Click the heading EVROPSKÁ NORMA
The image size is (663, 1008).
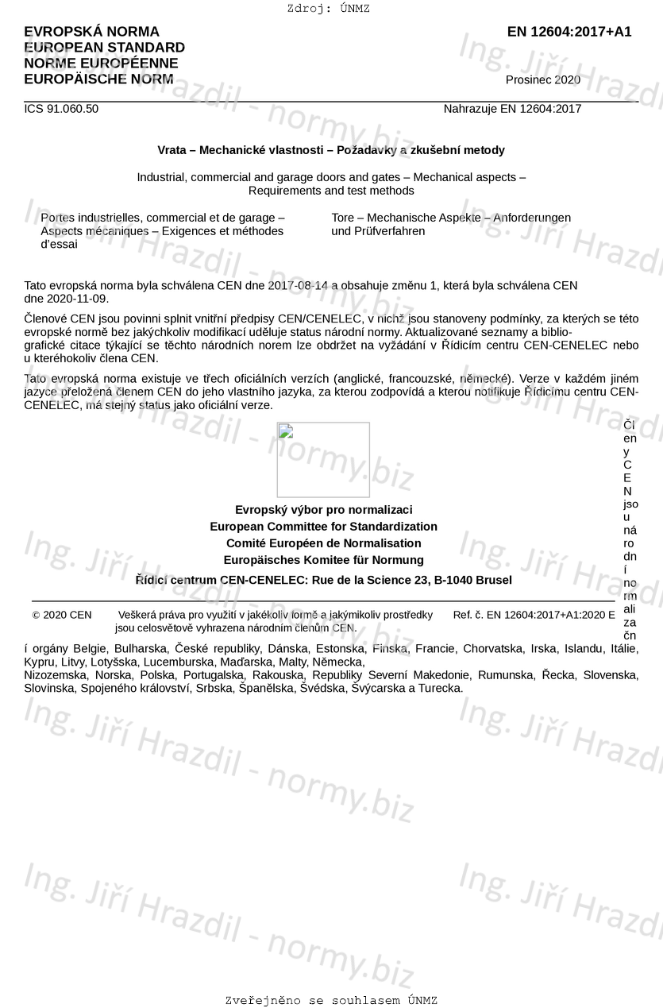[x=91, y=32]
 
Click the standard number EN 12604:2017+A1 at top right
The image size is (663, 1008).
[x=569, y=32]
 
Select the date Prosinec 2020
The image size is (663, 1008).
[x=542, y=79]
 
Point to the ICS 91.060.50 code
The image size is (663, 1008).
[x=61, y=109]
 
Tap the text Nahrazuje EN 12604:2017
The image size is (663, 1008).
[x=512, y=109]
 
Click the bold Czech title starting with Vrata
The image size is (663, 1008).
[x=331, y=150]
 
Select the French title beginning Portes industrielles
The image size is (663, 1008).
[x=163, y=230]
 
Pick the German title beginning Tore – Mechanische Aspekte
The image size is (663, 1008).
[x=450, y=224]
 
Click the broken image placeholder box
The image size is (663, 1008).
[x=323, y=460]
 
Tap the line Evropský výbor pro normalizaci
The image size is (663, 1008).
[x=323, y=510]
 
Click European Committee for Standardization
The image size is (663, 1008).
[x=323, y=527]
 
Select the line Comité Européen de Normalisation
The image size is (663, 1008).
[x=323, y=543]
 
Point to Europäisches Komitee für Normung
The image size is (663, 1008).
[x=323, y=560]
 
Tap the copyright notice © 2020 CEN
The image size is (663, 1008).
[x=62, y=615]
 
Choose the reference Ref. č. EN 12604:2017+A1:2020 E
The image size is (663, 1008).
[x=534, y=615]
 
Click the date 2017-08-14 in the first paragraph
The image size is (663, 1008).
[x=298, y=285]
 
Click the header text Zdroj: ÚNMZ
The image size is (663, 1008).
[x=329, y=9]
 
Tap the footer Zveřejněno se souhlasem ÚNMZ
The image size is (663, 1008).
[x=331, y=1001]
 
